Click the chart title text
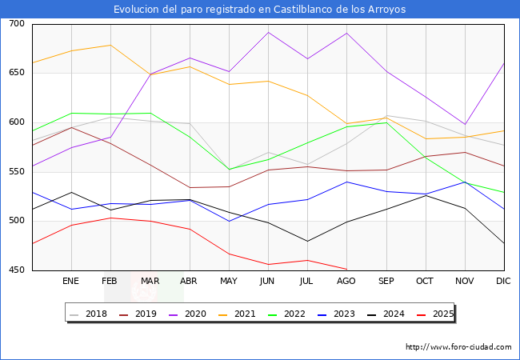click(259, 10)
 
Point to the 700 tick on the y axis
click(17, 24)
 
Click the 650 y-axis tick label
click(17, 73)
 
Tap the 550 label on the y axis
click(17, 172)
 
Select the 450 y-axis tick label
click(17, 270)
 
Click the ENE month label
click(71, 282)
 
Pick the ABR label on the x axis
click(190, 282)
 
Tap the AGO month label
click(346, 282)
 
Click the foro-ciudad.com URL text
click(458, 347)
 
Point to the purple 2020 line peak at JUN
click(268, 33)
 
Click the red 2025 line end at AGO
click(346, 269)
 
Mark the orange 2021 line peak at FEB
click(110, 45)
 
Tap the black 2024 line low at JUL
click(307, 241)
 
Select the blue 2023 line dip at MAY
click(229, 221)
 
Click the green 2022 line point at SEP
click(386, 122)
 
